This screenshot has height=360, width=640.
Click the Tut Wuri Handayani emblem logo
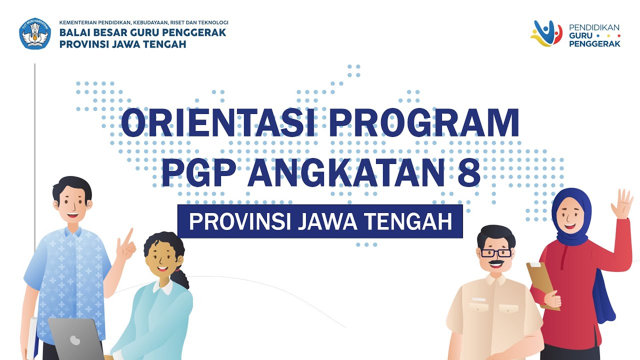pyautogui.click(x=35, y=34)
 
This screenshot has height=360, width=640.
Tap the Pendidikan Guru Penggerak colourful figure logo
pyautogui.click(x=546, y=33)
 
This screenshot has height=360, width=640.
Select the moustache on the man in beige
pyautogui.click(x=495, y=262)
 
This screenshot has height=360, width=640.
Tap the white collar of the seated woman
pyautogui.click(x=163, y=287)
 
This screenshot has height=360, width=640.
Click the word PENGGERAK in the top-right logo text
pyautogui.click(x=594, y=43)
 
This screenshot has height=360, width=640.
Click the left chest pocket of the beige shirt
pyautogui.click(x=479, y=304)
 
